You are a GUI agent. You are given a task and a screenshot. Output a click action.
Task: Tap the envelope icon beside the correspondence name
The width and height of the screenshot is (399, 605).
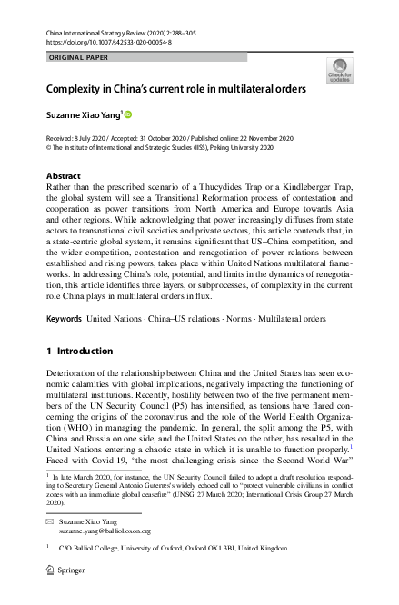[x=52, y=521]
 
